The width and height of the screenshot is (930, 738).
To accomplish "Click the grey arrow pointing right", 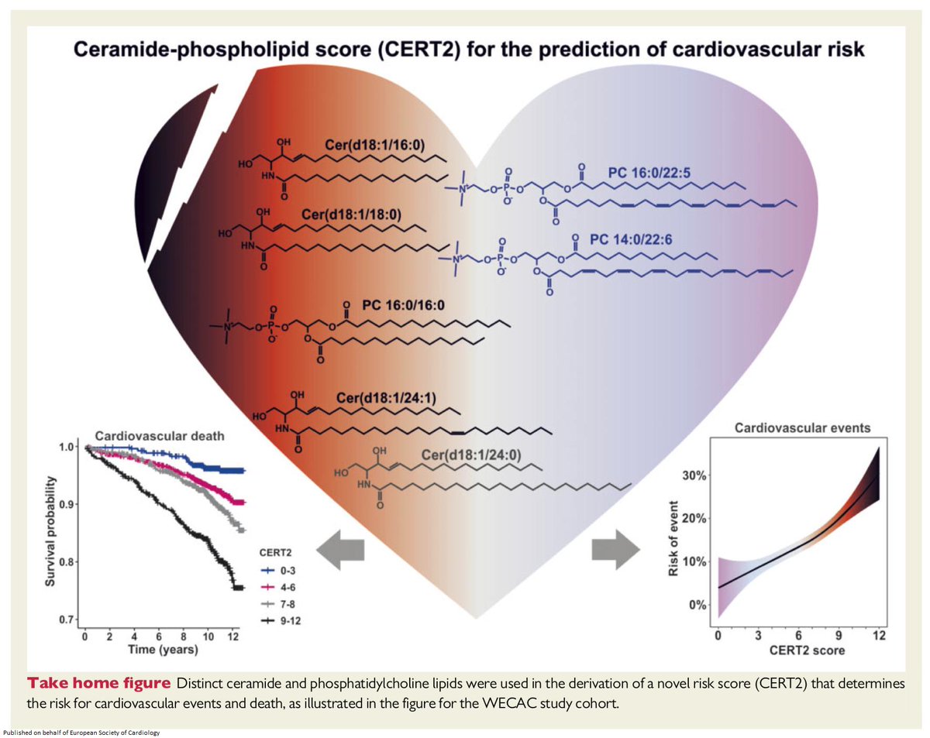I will pyautogui.click(x=615, y=547).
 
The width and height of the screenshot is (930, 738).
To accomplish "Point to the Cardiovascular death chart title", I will pyautogui.click(x=160, y=436).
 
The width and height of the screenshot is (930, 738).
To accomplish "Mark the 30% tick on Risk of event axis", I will pyautogui.click(x=692, y=475).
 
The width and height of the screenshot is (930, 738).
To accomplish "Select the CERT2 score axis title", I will pyautogui.click(x=797, y=650).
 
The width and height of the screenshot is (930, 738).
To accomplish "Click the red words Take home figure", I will pyautogui.click(x=100, y=684).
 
